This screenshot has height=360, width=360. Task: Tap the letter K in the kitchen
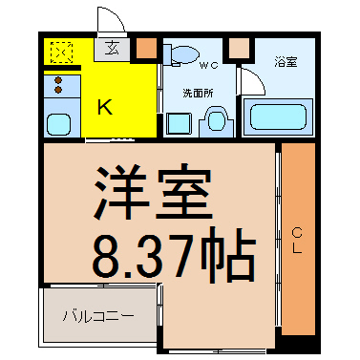point(105,107)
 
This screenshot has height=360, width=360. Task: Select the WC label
point(208,66)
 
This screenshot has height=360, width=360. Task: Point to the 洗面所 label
point(198,94)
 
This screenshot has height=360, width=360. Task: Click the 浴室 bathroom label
point(286,62)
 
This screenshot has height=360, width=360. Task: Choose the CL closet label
point(297,241)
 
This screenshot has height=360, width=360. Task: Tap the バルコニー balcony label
point(98,316)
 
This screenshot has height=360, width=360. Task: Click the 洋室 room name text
point(153,192)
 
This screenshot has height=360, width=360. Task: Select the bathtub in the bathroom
point(278,116)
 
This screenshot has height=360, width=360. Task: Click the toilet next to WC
point(181,54)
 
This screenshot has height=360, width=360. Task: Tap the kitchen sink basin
point(58,124)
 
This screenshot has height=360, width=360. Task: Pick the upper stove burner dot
point(58,80)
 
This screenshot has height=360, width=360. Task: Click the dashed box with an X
point(62,52)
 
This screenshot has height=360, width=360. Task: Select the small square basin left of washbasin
point(179,123)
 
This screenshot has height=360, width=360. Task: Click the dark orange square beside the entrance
point(147,49)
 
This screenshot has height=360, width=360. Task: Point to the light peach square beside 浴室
point(240,49)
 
